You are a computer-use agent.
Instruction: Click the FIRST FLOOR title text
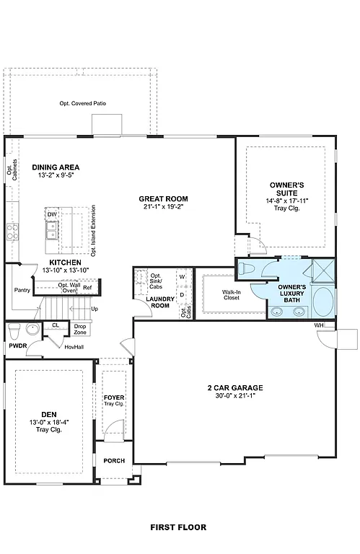pos(178,527)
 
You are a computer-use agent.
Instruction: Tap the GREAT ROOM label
pos(164,198)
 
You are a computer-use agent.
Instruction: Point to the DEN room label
pos(48,413)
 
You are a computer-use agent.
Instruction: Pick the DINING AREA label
pos(56,167)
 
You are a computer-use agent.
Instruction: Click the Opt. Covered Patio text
pos(82,104)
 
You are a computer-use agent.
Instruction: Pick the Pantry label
pos(21,291)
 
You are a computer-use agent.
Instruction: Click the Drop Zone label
pos(80,329)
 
